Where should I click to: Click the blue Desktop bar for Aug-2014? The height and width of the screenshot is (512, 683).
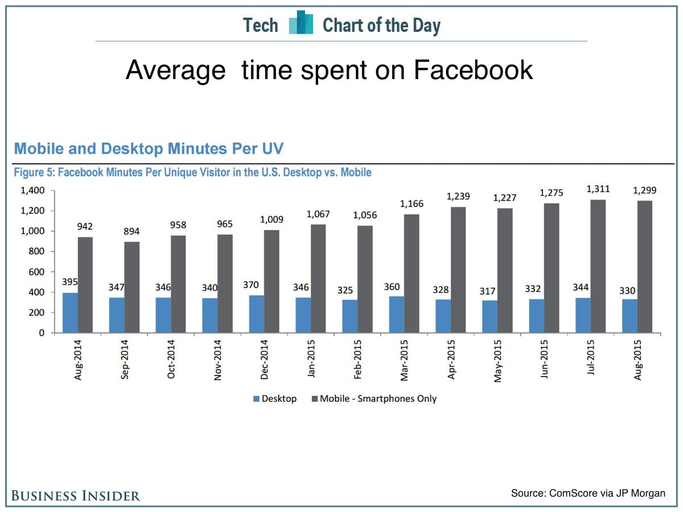(x=70, y=313)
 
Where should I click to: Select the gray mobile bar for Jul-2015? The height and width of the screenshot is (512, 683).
(x=598, y=266)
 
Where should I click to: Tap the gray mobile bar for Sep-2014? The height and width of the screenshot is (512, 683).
(x=132, y=287)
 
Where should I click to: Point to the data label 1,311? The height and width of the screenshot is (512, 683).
(x=598, y=189)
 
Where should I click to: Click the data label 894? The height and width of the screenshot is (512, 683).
(x=132, y=232)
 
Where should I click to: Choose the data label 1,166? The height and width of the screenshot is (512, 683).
(x=412, y=204)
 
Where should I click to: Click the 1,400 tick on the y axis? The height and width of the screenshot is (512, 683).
(x=33, y=191)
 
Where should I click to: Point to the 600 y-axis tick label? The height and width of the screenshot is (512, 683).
(x=38, y=272)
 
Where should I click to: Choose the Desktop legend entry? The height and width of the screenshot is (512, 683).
(x=274, y=399)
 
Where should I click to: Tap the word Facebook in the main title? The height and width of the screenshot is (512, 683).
(x=473, y=71)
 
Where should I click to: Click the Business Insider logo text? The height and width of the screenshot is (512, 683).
(x=76, y=496)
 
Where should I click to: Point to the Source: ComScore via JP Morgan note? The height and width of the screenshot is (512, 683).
(x=588, y=493)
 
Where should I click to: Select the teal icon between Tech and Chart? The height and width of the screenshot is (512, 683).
(x=301, y=24)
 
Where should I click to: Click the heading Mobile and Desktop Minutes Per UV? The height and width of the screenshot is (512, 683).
(x=149, y=149)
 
